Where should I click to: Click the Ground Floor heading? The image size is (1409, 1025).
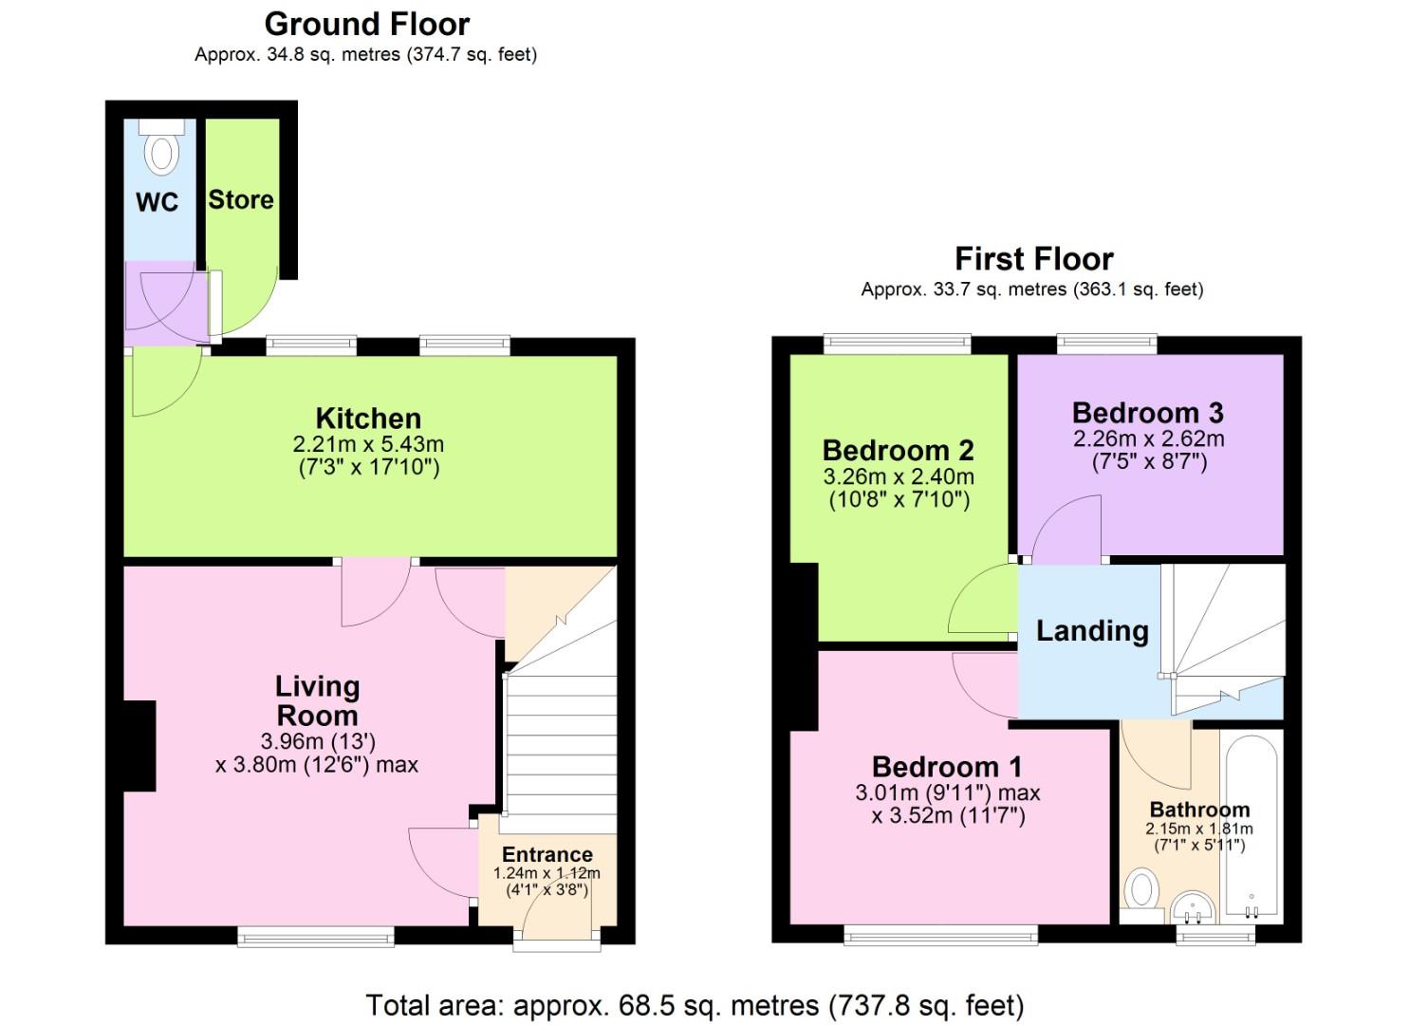(366, 26)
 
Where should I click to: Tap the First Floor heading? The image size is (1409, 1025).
(1034, 259)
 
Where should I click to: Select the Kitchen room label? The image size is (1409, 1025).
(368, 419)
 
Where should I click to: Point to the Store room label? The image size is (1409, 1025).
(241, 199)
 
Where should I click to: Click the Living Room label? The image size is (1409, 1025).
(317, 701)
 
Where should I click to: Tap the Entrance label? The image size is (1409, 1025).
(547, 854)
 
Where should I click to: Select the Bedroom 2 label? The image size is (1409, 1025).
(899, 451)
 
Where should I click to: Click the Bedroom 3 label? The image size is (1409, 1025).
(1148, 414)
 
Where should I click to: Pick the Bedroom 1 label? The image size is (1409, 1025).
(947, 767)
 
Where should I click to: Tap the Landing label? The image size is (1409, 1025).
(1093, 631)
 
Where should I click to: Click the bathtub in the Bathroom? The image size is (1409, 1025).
(1251, 826)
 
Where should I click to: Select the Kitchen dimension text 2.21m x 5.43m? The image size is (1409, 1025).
(368, 444)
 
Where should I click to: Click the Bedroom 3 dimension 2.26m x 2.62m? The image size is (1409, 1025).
(1149, 438)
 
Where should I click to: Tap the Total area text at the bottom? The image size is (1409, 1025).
(695, 1005)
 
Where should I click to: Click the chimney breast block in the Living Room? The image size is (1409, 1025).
(139, 746)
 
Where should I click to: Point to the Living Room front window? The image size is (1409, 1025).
(316, 937)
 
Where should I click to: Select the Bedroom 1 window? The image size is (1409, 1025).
(940, 935)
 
